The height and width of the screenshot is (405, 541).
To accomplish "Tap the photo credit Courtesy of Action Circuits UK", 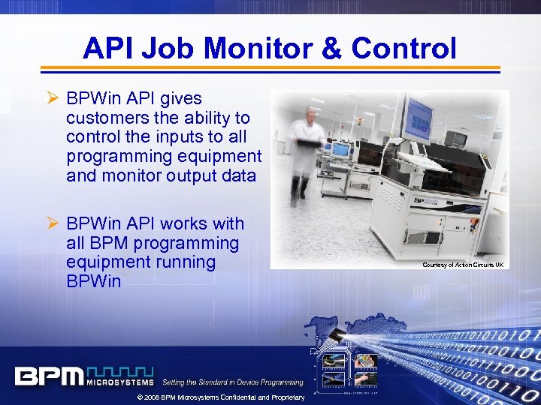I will [x=463, y=265].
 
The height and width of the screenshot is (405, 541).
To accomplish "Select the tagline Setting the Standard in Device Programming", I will [x=233, y=382].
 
